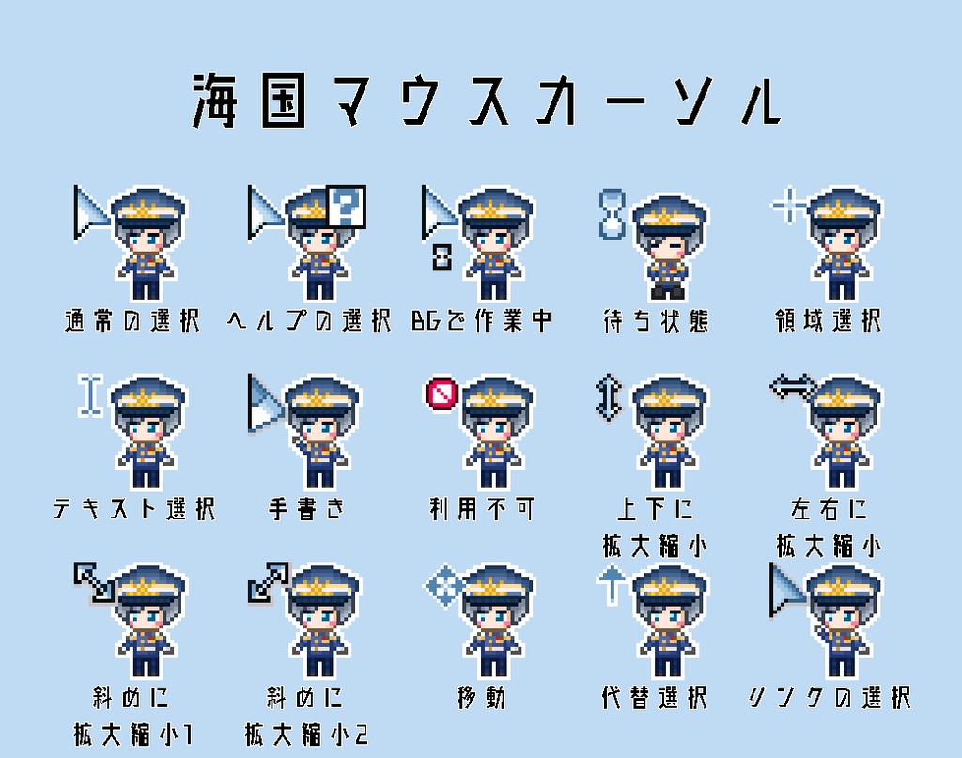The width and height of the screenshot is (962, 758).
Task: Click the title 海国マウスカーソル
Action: coord(488,101)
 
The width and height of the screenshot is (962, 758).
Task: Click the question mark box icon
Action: coord(346,206)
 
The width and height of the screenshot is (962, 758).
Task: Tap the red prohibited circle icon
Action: coord(442,394)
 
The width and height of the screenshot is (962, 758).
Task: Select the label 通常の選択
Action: coord(132,320)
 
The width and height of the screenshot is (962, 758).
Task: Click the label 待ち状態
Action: coord(656,320)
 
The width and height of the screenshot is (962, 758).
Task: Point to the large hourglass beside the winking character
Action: coord(613,214)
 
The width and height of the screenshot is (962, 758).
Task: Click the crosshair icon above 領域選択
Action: coord(788,204)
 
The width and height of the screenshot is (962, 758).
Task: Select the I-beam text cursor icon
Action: coord(91,395)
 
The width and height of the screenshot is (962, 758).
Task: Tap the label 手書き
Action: coord(307,508)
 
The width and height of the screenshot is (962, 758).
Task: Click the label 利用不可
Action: coord(482,508)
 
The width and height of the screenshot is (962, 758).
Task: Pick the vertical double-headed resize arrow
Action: coord(609,398)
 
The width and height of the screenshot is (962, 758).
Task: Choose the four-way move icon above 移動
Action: coord(443,585)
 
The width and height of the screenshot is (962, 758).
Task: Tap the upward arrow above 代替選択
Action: coord(612,585)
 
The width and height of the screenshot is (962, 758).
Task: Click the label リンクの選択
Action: coord(830,697)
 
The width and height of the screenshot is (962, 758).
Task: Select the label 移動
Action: coord(482,697)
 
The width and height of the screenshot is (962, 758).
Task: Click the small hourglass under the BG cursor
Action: coord(442,257)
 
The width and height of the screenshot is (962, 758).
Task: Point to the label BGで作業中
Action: coord(482,320)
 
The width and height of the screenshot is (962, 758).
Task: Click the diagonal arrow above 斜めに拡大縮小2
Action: coord(268,582)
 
